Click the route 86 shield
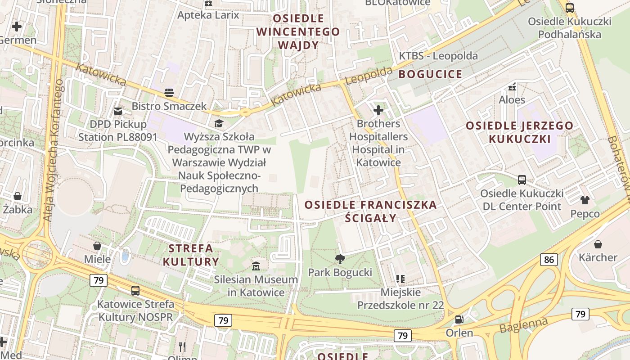pos(549,259)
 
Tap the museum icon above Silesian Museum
pos(256,266)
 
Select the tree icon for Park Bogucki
pos(340,259)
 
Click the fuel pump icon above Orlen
pos(459,319)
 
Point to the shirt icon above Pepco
pos(585,200)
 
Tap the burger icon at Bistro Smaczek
pos(169,93)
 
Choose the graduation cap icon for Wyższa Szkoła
pos(219,123)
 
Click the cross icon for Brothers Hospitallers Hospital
pos(378,110)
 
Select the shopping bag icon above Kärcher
pos(598,244)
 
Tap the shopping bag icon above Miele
pos(97,246)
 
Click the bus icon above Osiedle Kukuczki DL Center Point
pos(522,180)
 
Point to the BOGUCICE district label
pos(430,74)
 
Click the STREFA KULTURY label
pos(191,255)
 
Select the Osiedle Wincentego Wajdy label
pos(298,31)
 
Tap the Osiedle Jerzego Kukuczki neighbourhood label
pos(520,132)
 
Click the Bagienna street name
pos(524,325)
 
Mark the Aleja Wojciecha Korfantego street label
pos(53,151)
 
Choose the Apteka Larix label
pos(208,15)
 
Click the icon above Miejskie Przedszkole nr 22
pos(400,279)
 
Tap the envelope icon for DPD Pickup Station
pos(118,111)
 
